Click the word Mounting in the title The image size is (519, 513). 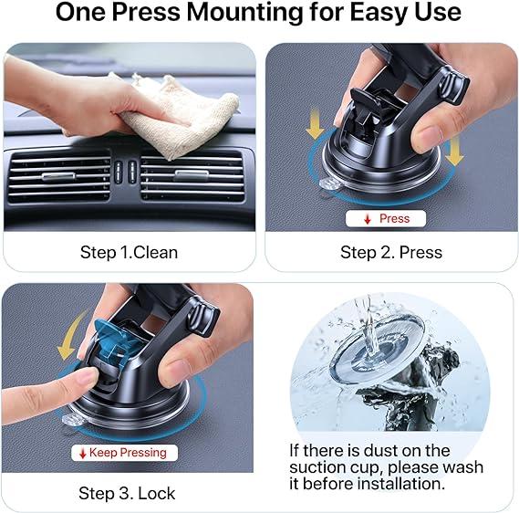(245, 13)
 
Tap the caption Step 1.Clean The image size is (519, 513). (130, 252)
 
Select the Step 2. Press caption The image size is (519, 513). (391, 252)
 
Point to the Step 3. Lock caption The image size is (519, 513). (127, 494)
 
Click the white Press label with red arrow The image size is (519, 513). (386, 218)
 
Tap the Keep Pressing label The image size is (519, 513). (124, 453)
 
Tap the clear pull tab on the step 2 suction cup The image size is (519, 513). (328, 184)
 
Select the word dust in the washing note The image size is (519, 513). (378, 451)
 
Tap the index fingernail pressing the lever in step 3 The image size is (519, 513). (87, 377)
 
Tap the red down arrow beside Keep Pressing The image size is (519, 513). (83, 454)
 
